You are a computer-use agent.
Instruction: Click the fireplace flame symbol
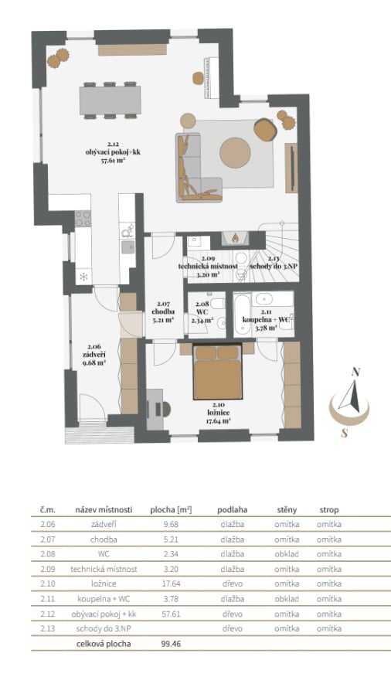pos(235,237)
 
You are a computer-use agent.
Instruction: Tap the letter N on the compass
pos(356,373)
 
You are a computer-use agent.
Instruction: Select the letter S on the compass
pos(345,433)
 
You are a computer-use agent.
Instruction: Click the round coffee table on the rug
pos(235,153)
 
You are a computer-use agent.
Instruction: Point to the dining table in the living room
pos(110,100)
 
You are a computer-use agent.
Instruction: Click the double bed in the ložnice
pos(217,373)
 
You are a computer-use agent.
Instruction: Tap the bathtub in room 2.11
pos(242,315)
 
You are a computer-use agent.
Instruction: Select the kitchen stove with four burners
pos(83,219)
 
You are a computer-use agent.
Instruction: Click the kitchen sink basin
pos(127,247)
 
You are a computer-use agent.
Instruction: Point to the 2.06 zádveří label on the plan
pos(94,355)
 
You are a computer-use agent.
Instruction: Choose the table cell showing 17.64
pos(172,583)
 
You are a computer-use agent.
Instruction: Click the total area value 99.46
pos(172,644)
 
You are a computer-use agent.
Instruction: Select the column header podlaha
pos(232,510)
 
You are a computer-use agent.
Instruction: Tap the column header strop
pos(329,510)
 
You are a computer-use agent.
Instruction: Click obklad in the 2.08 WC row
pos(287,554)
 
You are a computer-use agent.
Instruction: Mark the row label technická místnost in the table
pos(104,569)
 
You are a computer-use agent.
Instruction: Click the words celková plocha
pos(103,644)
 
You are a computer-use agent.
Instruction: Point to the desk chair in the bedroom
pos(165,409)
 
